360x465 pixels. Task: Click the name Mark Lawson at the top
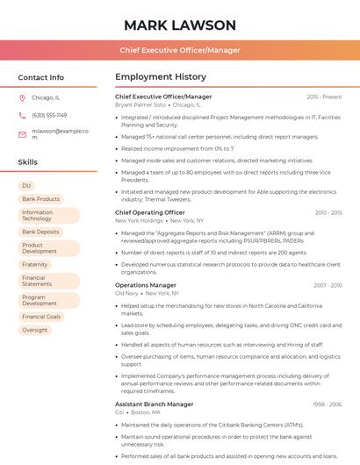[180, 25]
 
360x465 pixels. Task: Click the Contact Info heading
[41, 77]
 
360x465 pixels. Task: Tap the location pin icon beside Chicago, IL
[22, 97]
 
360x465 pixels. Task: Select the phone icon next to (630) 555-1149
[22, 115]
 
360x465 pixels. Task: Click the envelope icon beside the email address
[22, 133]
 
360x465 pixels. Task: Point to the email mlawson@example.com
[61, 133]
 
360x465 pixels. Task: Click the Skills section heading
[28, 162]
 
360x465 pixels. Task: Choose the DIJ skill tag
[26, 186]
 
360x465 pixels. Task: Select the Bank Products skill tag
[40, 199]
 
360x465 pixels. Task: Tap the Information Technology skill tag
[48, 215]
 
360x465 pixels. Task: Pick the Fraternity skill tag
[35, 264]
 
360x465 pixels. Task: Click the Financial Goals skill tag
[41, 316]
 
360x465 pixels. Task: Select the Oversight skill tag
[35, 330]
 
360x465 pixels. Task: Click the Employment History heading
[161, 77]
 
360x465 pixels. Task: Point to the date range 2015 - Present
[324, 97]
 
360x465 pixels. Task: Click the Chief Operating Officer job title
[150, 212]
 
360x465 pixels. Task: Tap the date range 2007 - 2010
[327, 285]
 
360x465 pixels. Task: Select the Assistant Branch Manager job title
[155, 404]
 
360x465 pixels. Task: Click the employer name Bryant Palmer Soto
[140, 104]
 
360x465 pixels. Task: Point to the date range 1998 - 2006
[327, 404]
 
